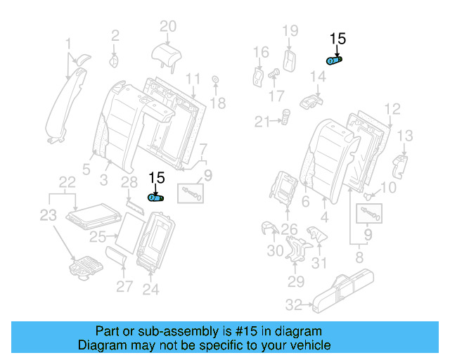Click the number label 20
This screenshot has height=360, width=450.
[167, 27]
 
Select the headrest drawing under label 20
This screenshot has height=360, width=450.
[166, 52]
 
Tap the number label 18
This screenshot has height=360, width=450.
[218, 103]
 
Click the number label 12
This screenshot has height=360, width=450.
[392, 108]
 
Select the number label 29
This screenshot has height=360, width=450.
[295, 281]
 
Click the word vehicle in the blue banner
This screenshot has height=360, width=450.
[307, 345]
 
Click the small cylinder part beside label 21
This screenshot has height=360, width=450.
[286, 115]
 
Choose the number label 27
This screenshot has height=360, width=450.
[124, 286]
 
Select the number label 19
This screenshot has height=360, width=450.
[290, 30]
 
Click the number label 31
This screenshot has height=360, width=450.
[320, 263]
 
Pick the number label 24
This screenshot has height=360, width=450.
[151, 288]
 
